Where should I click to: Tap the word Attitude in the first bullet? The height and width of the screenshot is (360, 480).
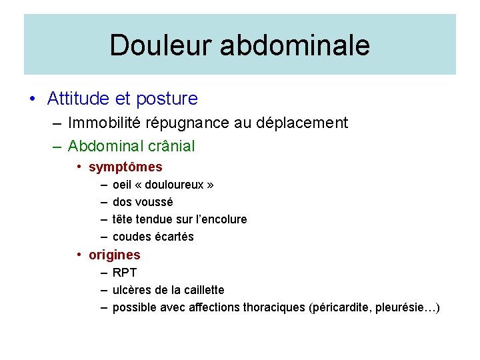click(x=79, y=99)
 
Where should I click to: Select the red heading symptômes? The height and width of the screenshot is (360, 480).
click(x=125, y=167)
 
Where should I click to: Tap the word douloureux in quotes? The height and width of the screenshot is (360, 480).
click(x=175, y=185)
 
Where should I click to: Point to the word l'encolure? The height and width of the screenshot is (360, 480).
click(x=221, y=219)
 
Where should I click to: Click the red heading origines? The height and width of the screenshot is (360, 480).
click(x=114, y=255)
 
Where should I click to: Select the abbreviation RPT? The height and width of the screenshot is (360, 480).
click(x=125, y=273)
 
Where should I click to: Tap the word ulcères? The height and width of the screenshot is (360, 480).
click(x=132, y=290)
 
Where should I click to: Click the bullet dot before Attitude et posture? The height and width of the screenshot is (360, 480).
click(x=32, y=99)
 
